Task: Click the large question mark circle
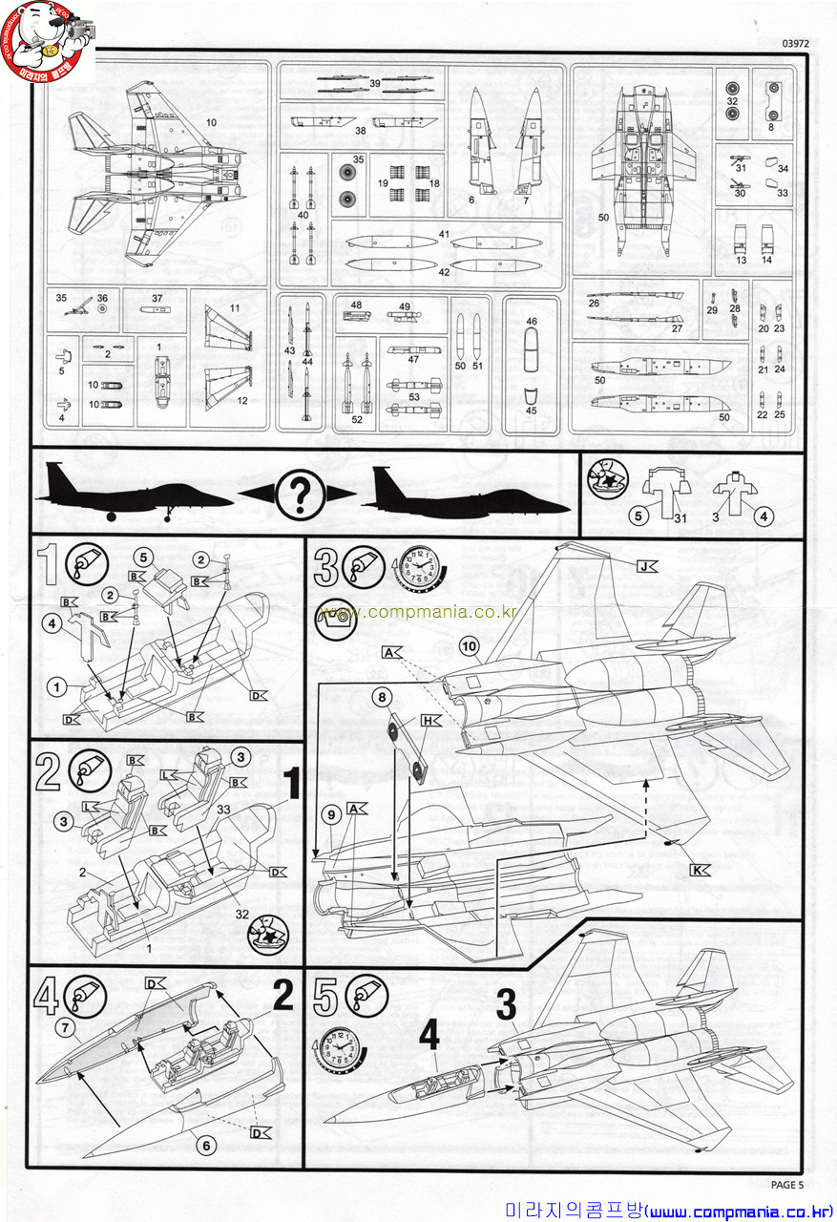click(x=299, y=495)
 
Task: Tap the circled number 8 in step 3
click(x=382, y=698)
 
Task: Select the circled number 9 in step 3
click(x=330, y=814)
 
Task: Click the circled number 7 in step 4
click(x=65, y=1027)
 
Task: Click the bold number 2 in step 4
click(x=282, y=996)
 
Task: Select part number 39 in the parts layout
click(x=375, y=84)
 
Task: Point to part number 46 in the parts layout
click(x=532, y=323)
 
